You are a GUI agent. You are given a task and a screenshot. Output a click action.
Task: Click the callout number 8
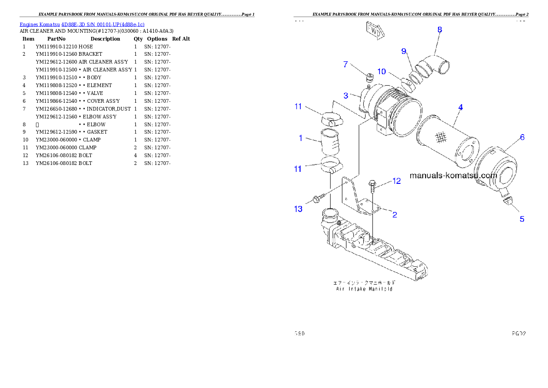[440, 30]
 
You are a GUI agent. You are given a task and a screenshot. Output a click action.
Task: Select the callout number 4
[460, 107]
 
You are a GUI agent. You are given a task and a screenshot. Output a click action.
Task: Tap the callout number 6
[522, 137]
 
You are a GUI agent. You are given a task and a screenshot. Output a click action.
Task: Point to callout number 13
[298, 209]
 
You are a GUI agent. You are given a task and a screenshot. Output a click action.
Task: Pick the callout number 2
[394, 214]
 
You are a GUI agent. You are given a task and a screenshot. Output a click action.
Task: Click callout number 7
[345, 65]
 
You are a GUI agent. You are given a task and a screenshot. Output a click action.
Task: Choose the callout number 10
[381, 71]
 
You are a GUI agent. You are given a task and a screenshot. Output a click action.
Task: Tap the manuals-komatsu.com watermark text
[453, 176]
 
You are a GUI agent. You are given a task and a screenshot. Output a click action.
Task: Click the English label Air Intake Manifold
[364, 289]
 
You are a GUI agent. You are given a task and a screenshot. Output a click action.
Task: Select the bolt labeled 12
[373, 185]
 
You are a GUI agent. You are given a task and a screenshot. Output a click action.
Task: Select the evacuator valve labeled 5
[507, 199]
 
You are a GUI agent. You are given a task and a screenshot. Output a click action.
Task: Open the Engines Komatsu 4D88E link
[82, 24]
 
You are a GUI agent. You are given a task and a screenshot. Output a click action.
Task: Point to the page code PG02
[519, 333]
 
